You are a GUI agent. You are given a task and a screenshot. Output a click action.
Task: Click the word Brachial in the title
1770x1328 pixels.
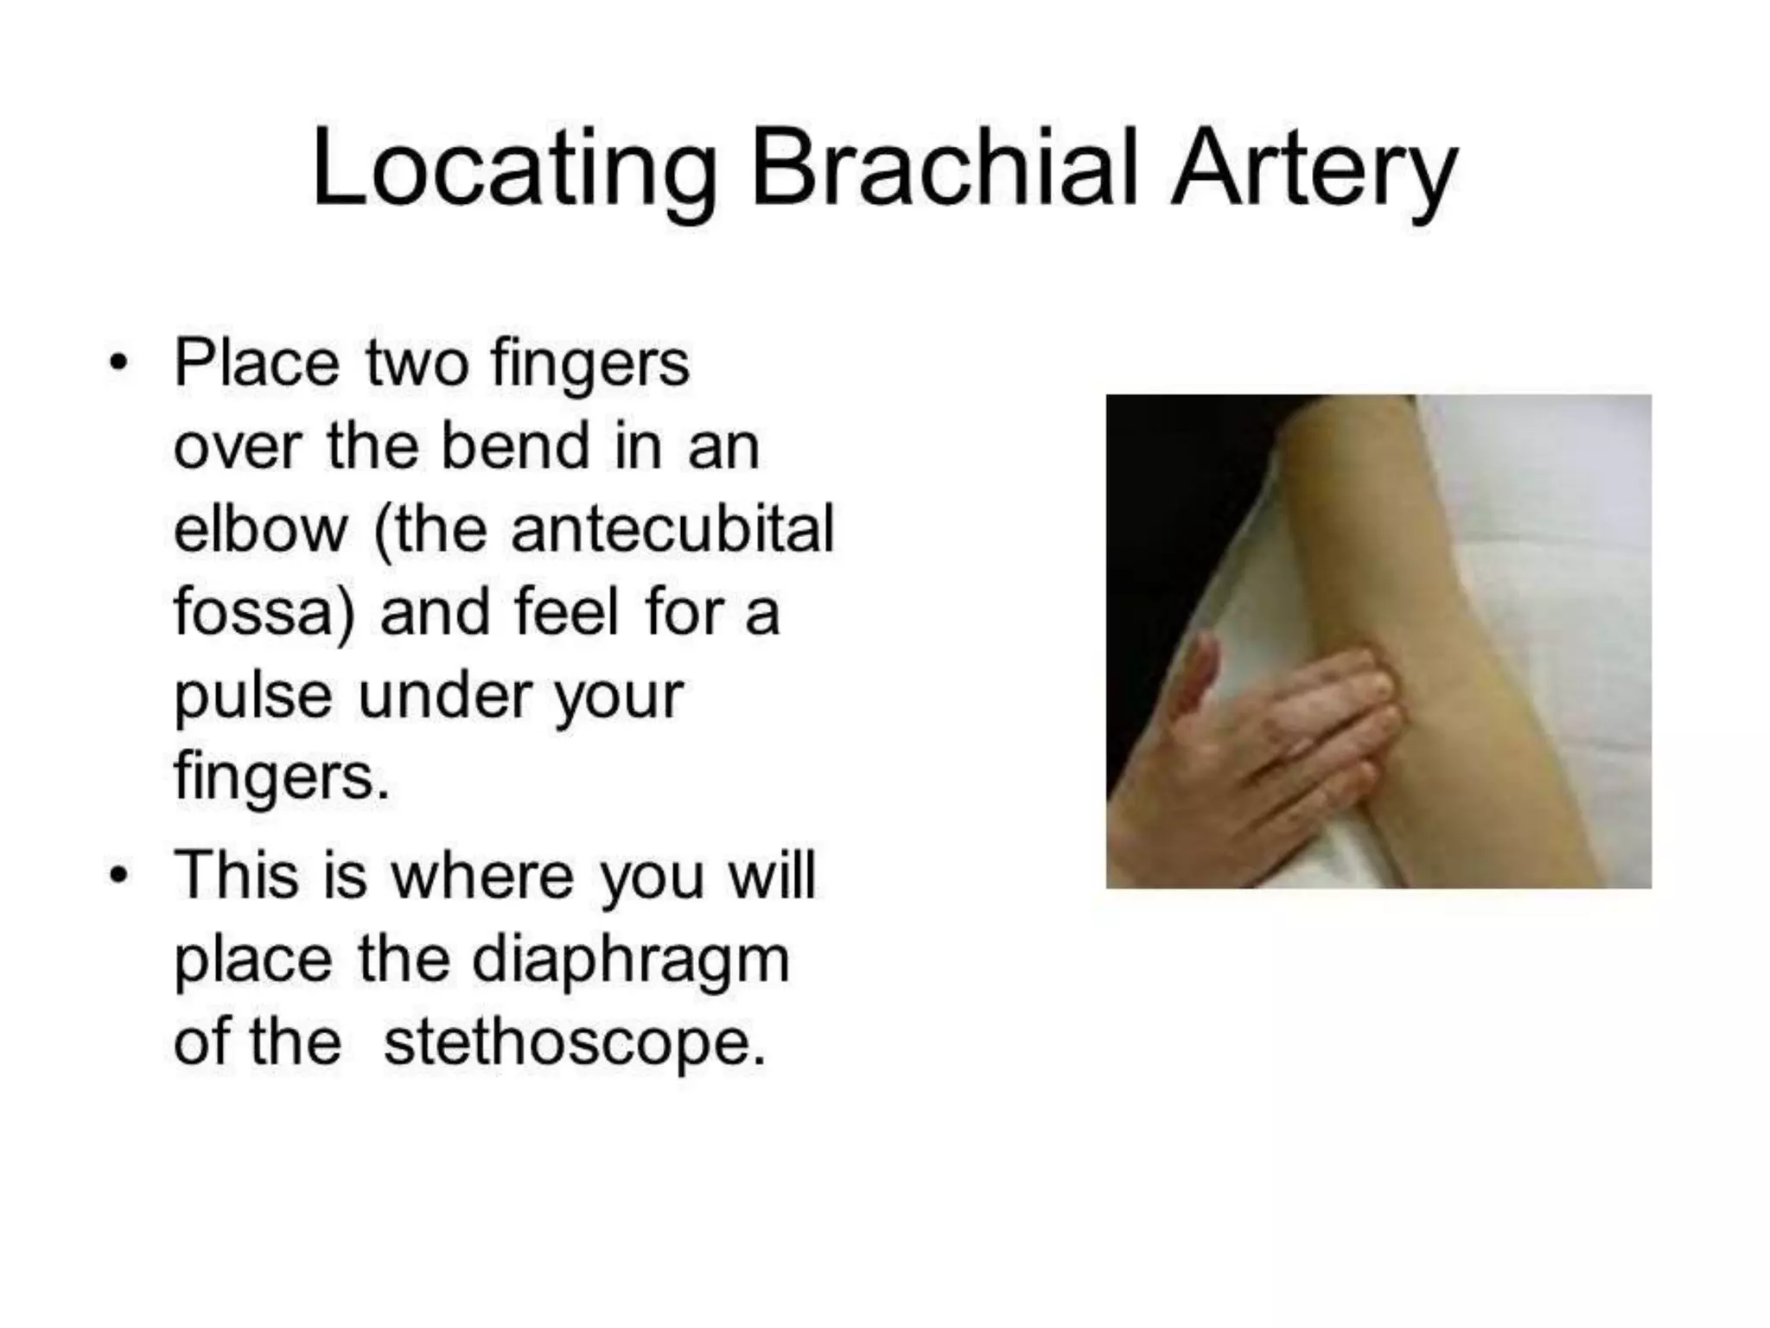tap(943, 168)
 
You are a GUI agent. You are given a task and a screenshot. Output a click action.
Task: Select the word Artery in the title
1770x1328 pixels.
tap(1314, 169)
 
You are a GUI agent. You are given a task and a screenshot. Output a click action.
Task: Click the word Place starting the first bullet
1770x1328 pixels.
tap(257, 363)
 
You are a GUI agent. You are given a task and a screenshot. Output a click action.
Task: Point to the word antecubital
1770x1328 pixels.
tap(672, 529)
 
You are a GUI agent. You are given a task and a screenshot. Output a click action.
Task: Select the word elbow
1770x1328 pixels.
tap(260, 529)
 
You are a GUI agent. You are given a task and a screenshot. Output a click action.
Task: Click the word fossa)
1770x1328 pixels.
tap(264, 612)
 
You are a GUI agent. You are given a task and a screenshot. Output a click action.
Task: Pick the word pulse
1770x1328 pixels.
tap(252, 696)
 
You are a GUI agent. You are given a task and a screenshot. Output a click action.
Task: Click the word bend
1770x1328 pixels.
tap(515, 446)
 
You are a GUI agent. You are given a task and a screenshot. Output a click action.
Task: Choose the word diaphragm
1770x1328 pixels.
tap(630, 960)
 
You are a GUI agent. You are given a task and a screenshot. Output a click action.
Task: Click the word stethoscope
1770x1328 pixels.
tap(575, 1043)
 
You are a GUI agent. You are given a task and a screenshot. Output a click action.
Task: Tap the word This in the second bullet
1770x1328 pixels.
tap(235, 876)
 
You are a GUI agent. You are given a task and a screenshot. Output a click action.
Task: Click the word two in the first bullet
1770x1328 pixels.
tap(416, 363)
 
